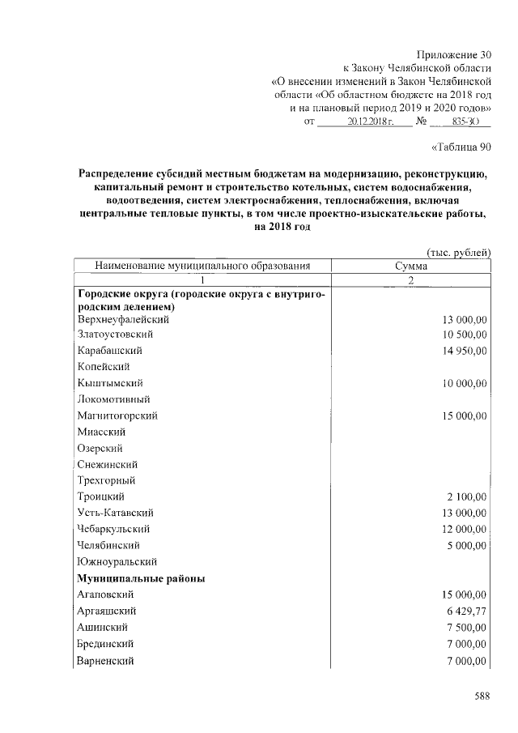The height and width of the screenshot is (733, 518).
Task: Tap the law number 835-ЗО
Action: pos(464,121)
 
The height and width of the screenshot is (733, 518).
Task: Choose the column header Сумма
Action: pos(411,266)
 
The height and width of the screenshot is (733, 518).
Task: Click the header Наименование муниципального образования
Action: pos(202,266)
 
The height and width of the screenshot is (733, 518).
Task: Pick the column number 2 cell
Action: pos(411,279)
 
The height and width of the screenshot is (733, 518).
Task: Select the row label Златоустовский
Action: pos(115,334)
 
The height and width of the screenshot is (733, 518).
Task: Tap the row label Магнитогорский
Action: pos(117,416)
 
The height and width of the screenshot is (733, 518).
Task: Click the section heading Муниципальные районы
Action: pos(141,578)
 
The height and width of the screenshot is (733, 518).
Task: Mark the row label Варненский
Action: pos(106,661)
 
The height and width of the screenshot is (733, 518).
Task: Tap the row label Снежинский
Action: pos(107,464)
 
